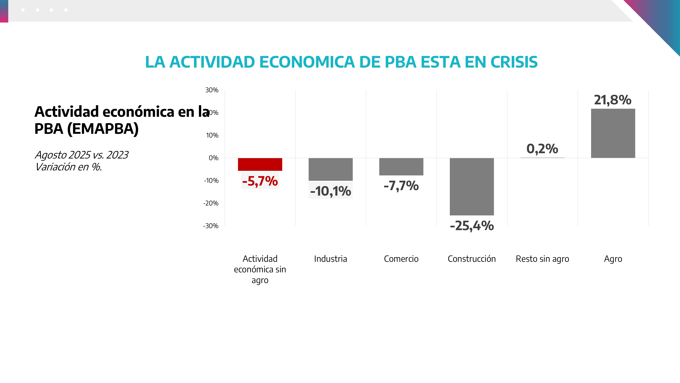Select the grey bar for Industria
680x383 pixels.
tap(330, 169)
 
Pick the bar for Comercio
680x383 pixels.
tap(401, 166)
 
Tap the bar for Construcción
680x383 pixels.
tap(472, 186)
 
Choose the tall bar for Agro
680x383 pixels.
tap(613, 133)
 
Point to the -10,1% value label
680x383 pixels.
tap(330, 191)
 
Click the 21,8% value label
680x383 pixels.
tap(613, 100)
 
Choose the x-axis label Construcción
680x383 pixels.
tap(472, 259)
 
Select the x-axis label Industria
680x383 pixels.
tap(330, 259)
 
